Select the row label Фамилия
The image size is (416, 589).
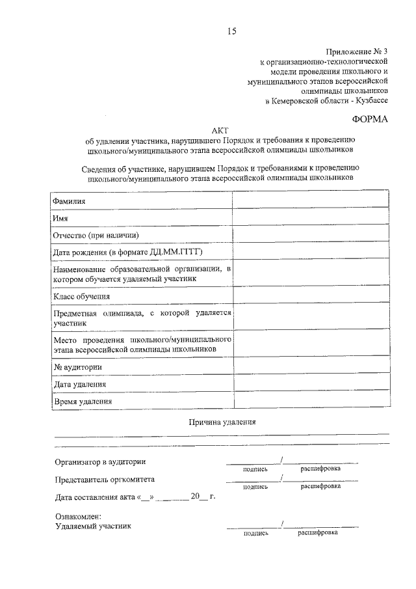pyautogui.click(x=70, y=202)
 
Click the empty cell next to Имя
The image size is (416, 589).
pyautogui.click(x=311, y=219)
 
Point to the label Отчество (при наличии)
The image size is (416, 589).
pyautogui.click(x=96, y=235)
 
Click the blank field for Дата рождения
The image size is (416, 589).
pyautogui.click(x=311, y=251)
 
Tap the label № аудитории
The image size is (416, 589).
pyautogui.click(x=77, y=368)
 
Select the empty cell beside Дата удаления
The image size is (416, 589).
pyautogui.click(x=311, y=384)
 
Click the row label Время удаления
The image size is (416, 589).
pyautogui.click(x=83, y=402)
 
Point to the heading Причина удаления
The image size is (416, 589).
pyautogui.click(x=222, y=422)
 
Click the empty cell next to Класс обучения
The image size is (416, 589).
pyautogui.click(x=311, y=297)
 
